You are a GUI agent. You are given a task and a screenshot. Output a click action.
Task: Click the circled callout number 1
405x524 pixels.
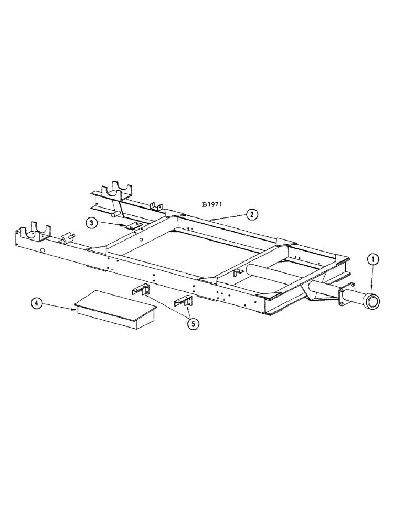(373, 258)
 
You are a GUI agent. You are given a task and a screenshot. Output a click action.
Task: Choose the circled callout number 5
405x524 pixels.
(194, 324)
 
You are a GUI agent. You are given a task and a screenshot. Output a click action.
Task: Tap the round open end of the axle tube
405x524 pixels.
(373, 301)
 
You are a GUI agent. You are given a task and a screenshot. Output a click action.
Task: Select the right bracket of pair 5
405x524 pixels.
(184, 302)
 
